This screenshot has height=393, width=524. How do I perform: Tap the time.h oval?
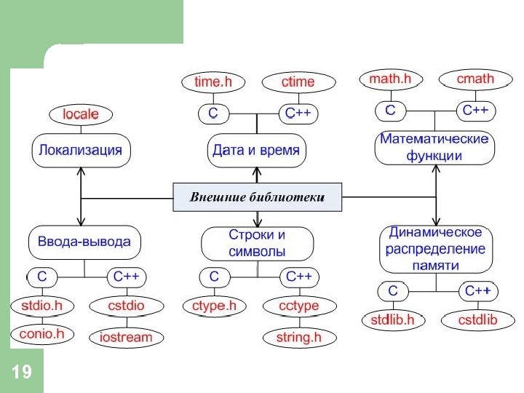pos(213,82)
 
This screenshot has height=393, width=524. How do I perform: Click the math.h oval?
pos(391,79)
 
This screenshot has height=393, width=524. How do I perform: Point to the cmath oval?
pos(475,79)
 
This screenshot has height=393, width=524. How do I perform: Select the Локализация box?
pos(80,151)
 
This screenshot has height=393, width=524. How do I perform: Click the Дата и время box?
pos(257,151)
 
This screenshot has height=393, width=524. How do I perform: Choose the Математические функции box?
pos(434,146)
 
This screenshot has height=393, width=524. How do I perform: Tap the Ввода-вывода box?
pos(84,242)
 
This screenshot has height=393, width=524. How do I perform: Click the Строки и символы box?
pos(257,243)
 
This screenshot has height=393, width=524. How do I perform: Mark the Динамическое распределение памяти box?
pos(434,249)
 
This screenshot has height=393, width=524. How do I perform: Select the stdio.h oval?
pos(41,306)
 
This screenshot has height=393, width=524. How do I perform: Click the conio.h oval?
pos(41,334)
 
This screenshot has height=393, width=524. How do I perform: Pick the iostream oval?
pos(126,337)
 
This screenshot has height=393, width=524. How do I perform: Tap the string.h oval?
pos(298,337)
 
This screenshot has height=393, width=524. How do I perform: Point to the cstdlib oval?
pos(477,319)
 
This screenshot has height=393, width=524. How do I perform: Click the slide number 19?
pos(22,373)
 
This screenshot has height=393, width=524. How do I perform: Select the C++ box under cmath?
pos(475,111)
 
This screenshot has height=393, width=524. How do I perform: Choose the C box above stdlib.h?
pos(393,291)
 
